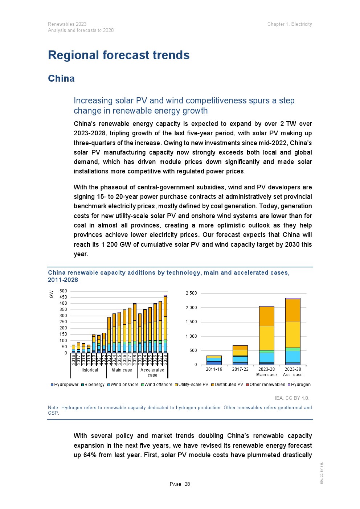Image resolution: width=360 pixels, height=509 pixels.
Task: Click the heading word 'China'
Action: (x=61, y=78)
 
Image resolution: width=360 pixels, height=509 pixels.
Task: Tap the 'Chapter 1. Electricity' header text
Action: (x=290, y=24)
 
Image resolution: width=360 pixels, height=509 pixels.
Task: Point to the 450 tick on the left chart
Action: (x=63, y=297)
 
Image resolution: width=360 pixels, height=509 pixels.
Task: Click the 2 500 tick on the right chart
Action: (x=191, y=293)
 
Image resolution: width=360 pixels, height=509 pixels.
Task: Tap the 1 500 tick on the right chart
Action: (x=191, y=322)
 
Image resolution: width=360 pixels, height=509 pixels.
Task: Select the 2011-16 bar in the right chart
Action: (x=214, y=360)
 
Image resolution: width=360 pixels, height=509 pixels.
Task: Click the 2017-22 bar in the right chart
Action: (x=240, y=355)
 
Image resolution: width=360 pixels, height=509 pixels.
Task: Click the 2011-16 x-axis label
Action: (x=214, y=369)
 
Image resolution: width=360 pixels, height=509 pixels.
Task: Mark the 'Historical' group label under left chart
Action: (x=89, y=370)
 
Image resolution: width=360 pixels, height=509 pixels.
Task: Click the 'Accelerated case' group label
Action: (x=152, y=372)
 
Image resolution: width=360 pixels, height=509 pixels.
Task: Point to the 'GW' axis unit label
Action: (x=51, y=294)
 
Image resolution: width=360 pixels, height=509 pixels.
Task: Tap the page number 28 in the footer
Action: (x=187, y=484)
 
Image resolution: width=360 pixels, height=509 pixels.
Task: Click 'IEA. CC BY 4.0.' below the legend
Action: (x=292, y=398)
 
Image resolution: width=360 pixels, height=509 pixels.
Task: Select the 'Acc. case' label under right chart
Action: (x=292, y=375)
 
